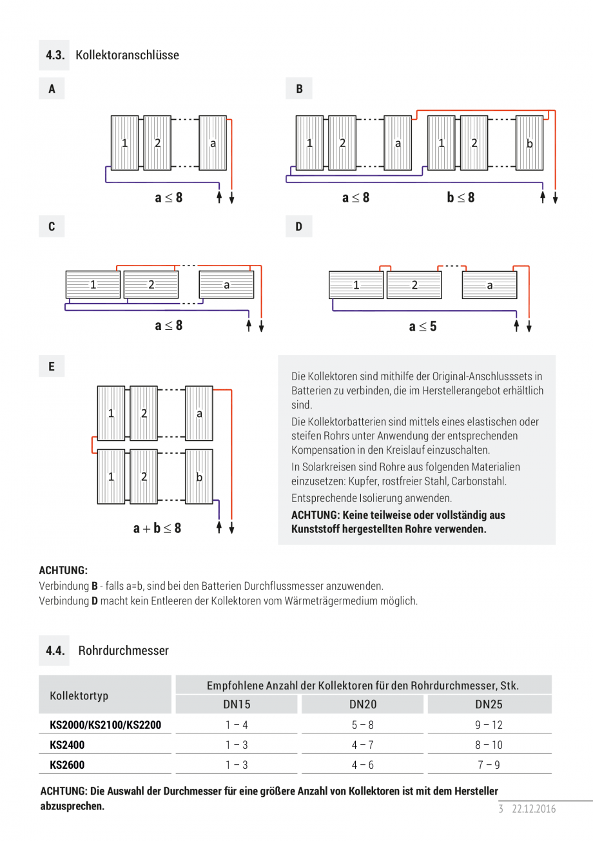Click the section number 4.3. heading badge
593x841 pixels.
point(55,55)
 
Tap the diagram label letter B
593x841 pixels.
point(299,89)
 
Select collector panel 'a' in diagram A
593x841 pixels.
point(213,143)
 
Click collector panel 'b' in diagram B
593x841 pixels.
point(529,143)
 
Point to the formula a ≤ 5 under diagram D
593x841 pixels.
point(423,327)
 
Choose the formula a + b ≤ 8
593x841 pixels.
point(157,528)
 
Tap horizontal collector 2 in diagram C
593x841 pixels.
point(151,284)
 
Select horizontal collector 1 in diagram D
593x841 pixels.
point(356,285)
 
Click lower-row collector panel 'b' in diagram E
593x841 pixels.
point(199,477)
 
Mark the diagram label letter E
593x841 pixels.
point(52,367)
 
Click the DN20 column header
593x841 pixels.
point(363,705)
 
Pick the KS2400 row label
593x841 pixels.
point(67,745)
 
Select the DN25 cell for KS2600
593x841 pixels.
point(489,765)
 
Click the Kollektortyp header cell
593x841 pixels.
point(79,696)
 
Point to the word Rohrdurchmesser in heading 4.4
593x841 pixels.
point(123,651)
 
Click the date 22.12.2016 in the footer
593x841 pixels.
point(534,809)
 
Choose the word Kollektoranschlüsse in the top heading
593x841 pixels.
point(127,55)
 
